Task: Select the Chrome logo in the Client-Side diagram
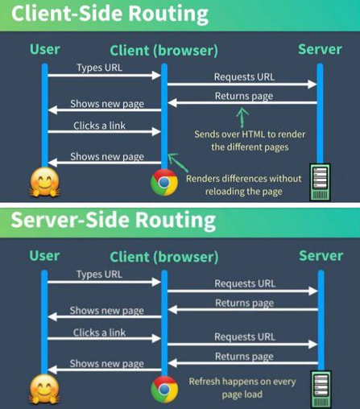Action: tap(163, 183)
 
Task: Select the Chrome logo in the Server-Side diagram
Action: tap(163, 390)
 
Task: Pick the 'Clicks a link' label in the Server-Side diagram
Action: tap(98, 332)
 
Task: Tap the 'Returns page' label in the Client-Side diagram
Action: tap(243, 96)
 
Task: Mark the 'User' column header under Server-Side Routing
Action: tap(44, 257)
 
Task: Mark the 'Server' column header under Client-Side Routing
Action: tap(320, 49)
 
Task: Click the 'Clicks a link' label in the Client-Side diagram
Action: tap(98, 126)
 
